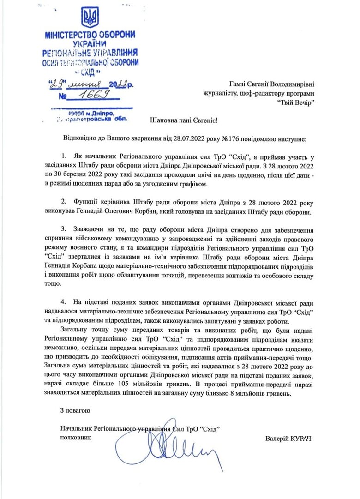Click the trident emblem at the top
[x=90, y=18]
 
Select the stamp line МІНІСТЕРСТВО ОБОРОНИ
[x=90, y=36]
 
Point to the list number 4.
[x=66, y=303]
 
